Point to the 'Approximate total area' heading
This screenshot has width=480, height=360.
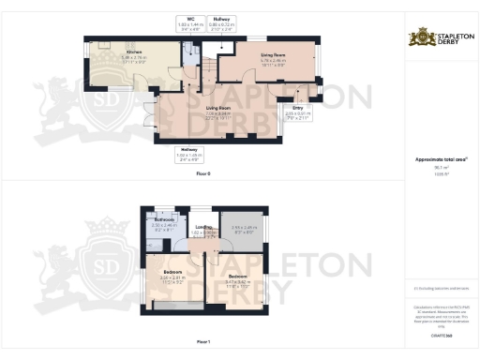440,160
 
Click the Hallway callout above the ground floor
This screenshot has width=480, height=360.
222,21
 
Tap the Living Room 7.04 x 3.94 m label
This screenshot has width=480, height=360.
218,112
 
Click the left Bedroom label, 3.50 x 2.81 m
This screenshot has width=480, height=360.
172,276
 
